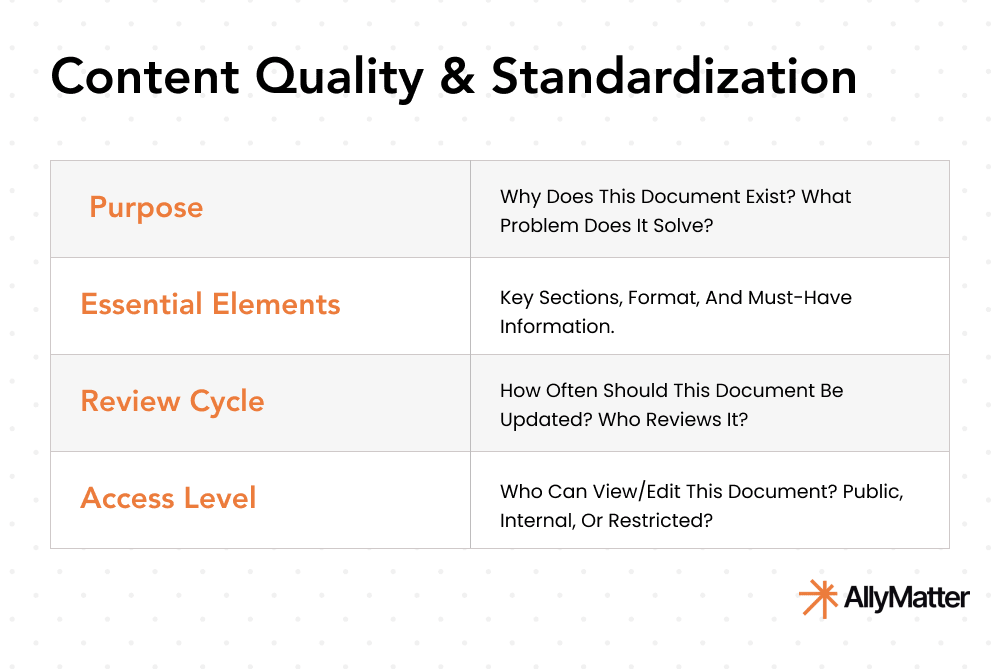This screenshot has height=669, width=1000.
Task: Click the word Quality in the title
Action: tap(329, 78)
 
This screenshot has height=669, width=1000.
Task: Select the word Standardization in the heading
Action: tap(673, 78)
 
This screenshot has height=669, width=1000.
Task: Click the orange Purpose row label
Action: tap(146, 208)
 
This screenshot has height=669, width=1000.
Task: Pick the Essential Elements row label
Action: tap(211, 305)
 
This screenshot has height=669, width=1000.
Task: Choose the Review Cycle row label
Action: tap(173, 402)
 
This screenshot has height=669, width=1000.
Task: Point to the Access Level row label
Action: tap(169, 499)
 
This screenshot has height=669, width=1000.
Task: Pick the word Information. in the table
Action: tap(555, 326)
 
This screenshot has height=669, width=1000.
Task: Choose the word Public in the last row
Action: tap(873, 492)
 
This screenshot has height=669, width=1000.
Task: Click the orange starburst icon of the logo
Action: tap(817, 598)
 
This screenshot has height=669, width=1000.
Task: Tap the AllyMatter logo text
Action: tap(906, 599)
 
